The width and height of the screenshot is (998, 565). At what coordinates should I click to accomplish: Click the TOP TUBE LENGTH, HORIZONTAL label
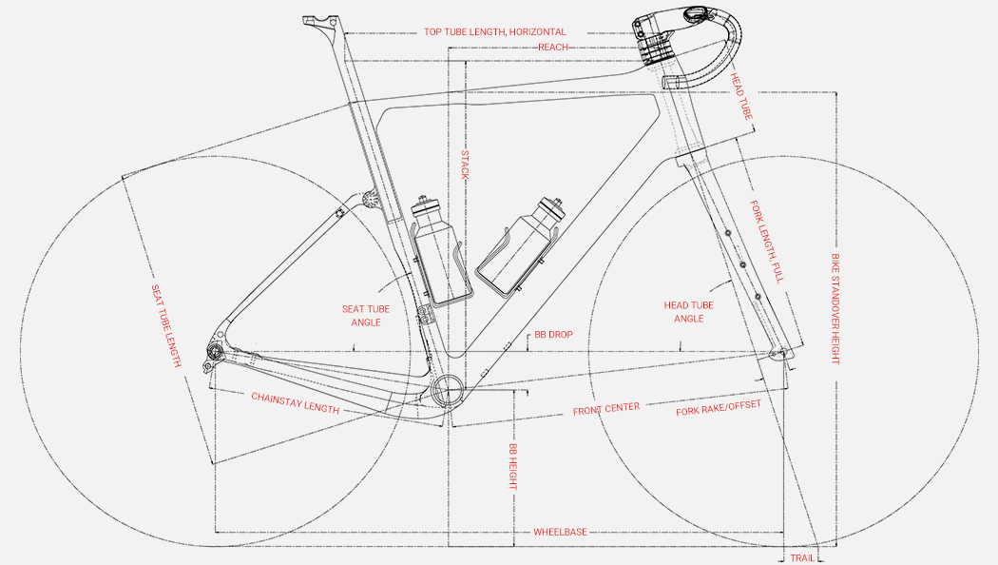point(494,31)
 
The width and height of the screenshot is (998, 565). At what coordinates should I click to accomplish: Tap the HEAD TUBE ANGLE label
point(688,312)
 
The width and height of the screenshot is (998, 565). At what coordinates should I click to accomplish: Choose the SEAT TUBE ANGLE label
point(366,316)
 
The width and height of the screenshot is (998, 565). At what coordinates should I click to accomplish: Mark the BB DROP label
point(553,336)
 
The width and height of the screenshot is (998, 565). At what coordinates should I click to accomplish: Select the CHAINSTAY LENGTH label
point(295,402)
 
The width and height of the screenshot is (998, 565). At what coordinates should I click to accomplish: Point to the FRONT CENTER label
point(605,409)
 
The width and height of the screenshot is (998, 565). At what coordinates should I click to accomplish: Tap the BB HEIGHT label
point(512,466)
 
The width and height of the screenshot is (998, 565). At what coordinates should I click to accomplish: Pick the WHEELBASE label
point(560,532)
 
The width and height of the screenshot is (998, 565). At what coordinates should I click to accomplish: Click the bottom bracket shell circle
point(448,389)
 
